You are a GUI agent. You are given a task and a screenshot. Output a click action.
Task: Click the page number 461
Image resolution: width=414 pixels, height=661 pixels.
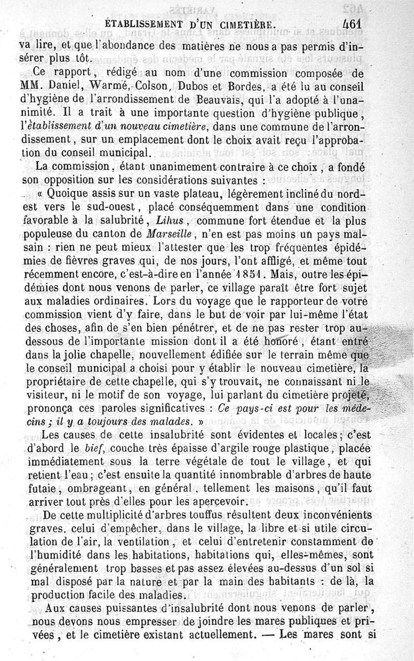point(354,24)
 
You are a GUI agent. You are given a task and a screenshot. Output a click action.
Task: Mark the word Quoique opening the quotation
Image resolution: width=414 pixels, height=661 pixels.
point(67,194)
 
